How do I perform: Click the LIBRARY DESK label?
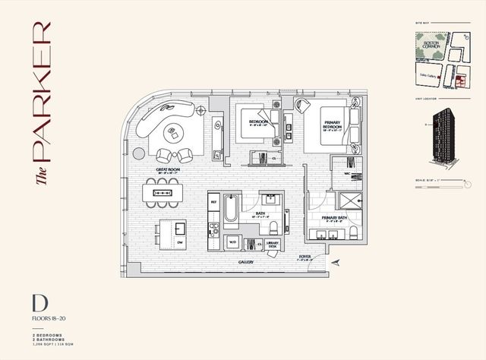point(273,243)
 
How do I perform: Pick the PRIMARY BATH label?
point(334,217)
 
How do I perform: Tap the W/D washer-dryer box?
point(233,242)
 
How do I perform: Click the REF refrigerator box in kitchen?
point(214,204)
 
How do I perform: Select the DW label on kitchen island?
point(179,242)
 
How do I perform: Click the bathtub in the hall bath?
point(232,210)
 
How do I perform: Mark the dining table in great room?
point(163,193)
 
